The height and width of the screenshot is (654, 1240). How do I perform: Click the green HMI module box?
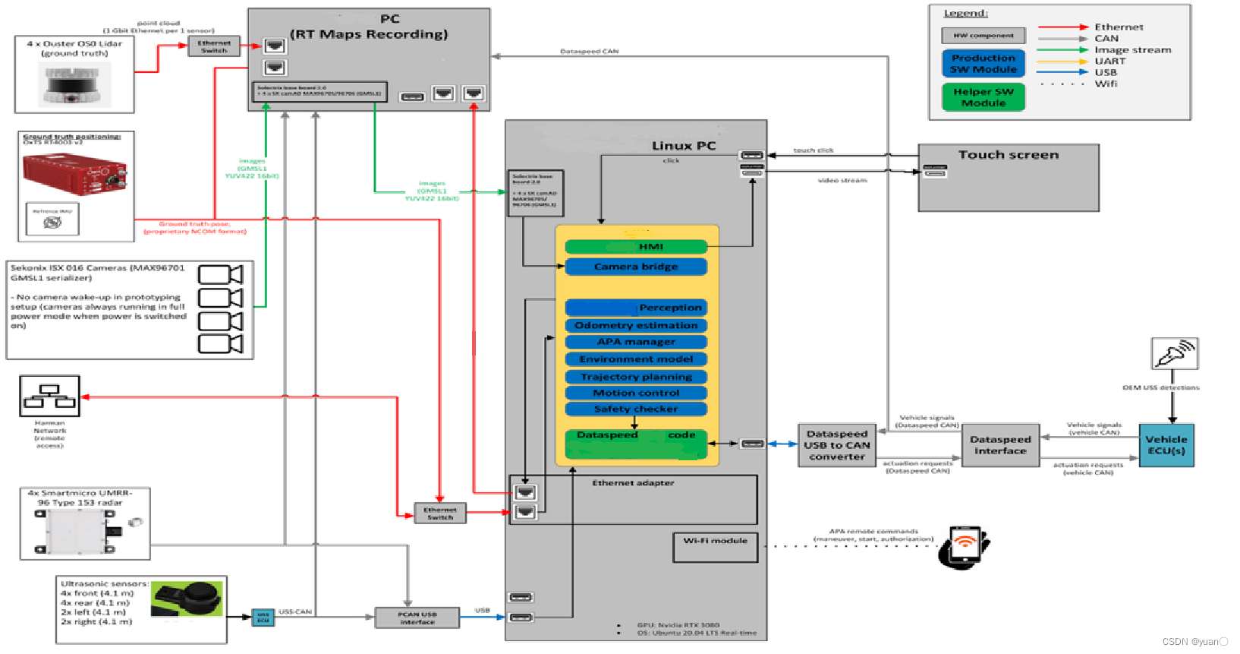click(636, 247)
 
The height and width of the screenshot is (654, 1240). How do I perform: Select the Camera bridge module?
click(636, 267)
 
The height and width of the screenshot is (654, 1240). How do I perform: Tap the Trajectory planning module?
click(636, 377)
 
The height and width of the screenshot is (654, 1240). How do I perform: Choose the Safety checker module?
click(636, 409)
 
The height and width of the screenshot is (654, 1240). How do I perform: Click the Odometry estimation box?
click(636, 325)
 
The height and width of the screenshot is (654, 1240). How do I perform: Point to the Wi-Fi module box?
click(715, 547)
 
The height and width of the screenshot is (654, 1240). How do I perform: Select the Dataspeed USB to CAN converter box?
click(837, 445)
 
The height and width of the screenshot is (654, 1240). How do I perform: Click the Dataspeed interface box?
click(1000, 445)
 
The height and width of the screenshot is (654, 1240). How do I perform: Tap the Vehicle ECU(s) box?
click(1166, 445)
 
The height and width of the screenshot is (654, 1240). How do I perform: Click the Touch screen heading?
click(1008, 155)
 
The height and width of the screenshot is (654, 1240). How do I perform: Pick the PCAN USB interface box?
click(417, 618)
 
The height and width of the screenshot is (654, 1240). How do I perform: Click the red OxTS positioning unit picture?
click(74, 174)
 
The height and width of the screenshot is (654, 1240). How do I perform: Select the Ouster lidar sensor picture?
click(74, 84)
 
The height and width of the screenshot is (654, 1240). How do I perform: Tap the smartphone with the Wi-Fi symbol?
click(965, 546)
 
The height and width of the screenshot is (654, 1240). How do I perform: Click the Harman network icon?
click(49, 396)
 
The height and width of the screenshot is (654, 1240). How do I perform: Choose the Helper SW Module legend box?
click(984, 97)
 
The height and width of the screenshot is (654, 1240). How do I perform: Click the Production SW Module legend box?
click(984, 64)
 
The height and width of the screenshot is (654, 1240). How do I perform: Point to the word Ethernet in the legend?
click(1119, 27)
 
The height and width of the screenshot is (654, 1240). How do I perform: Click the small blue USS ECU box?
click(263, 618)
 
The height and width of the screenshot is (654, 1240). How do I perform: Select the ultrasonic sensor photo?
click(187, 599)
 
